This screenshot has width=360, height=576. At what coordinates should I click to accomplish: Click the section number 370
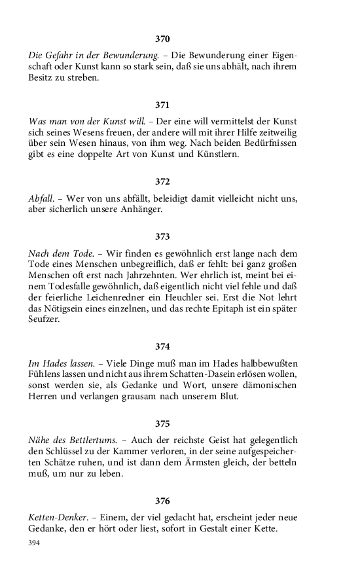[162, 39]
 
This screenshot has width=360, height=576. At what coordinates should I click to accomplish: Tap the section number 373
[162, 236]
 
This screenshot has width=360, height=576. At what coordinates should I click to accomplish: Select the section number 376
[162, 501]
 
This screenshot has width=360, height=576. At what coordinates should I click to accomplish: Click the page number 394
[34, 543]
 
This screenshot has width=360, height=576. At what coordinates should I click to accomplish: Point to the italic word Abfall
[41, 198]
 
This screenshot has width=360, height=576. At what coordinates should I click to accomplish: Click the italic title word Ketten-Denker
[56, 517]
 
